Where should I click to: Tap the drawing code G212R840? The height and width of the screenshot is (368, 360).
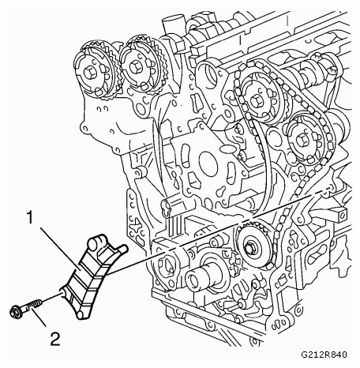[x=324, y=355]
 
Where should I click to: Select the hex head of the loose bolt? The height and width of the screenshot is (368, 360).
[x=15, y=312]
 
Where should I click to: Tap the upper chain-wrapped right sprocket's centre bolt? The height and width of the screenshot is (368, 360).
[x=256, y=101]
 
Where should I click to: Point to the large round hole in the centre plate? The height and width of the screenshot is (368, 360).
[x=208, y=163]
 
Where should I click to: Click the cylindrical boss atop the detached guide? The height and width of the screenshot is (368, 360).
[x=96, y=242]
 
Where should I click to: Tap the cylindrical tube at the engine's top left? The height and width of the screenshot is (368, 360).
[x=170, y=25]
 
